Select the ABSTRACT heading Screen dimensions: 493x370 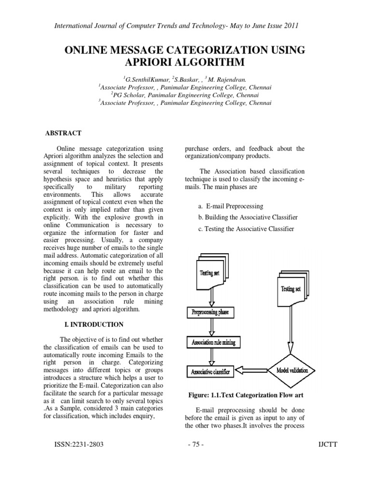pos(63,133)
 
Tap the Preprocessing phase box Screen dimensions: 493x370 pos(211,312)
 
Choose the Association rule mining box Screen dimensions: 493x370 pos(211,343)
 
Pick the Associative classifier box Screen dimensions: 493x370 pos(211,371)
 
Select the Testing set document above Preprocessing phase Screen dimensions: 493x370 pos(211,273)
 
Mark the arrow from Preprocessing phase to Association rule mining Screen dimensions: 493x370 pos(211,327)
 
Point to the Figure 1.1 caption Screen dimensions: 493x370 pos(246,395)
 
